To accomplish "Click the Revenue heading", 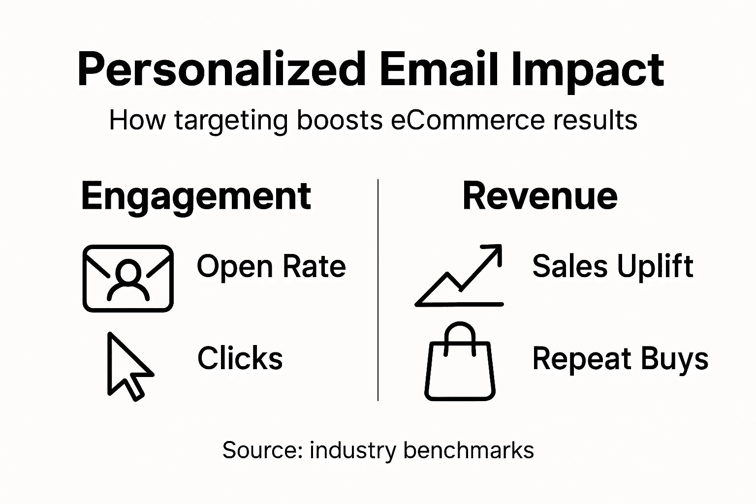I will [540, 196].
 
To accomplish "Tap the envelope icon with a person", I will [128, 279].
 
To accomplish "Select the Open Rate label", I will [271, 267].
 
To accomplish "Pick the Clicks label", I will [240, 358].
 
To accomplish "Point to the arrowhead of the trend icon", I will [494, 252].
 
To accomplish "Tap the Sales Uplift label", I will [613, 266].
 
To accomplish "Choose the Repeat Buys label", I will [620, 358].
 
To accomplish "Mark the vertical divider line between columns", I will [378, 290].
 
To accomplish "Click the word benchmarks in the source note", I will [468, 450].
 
